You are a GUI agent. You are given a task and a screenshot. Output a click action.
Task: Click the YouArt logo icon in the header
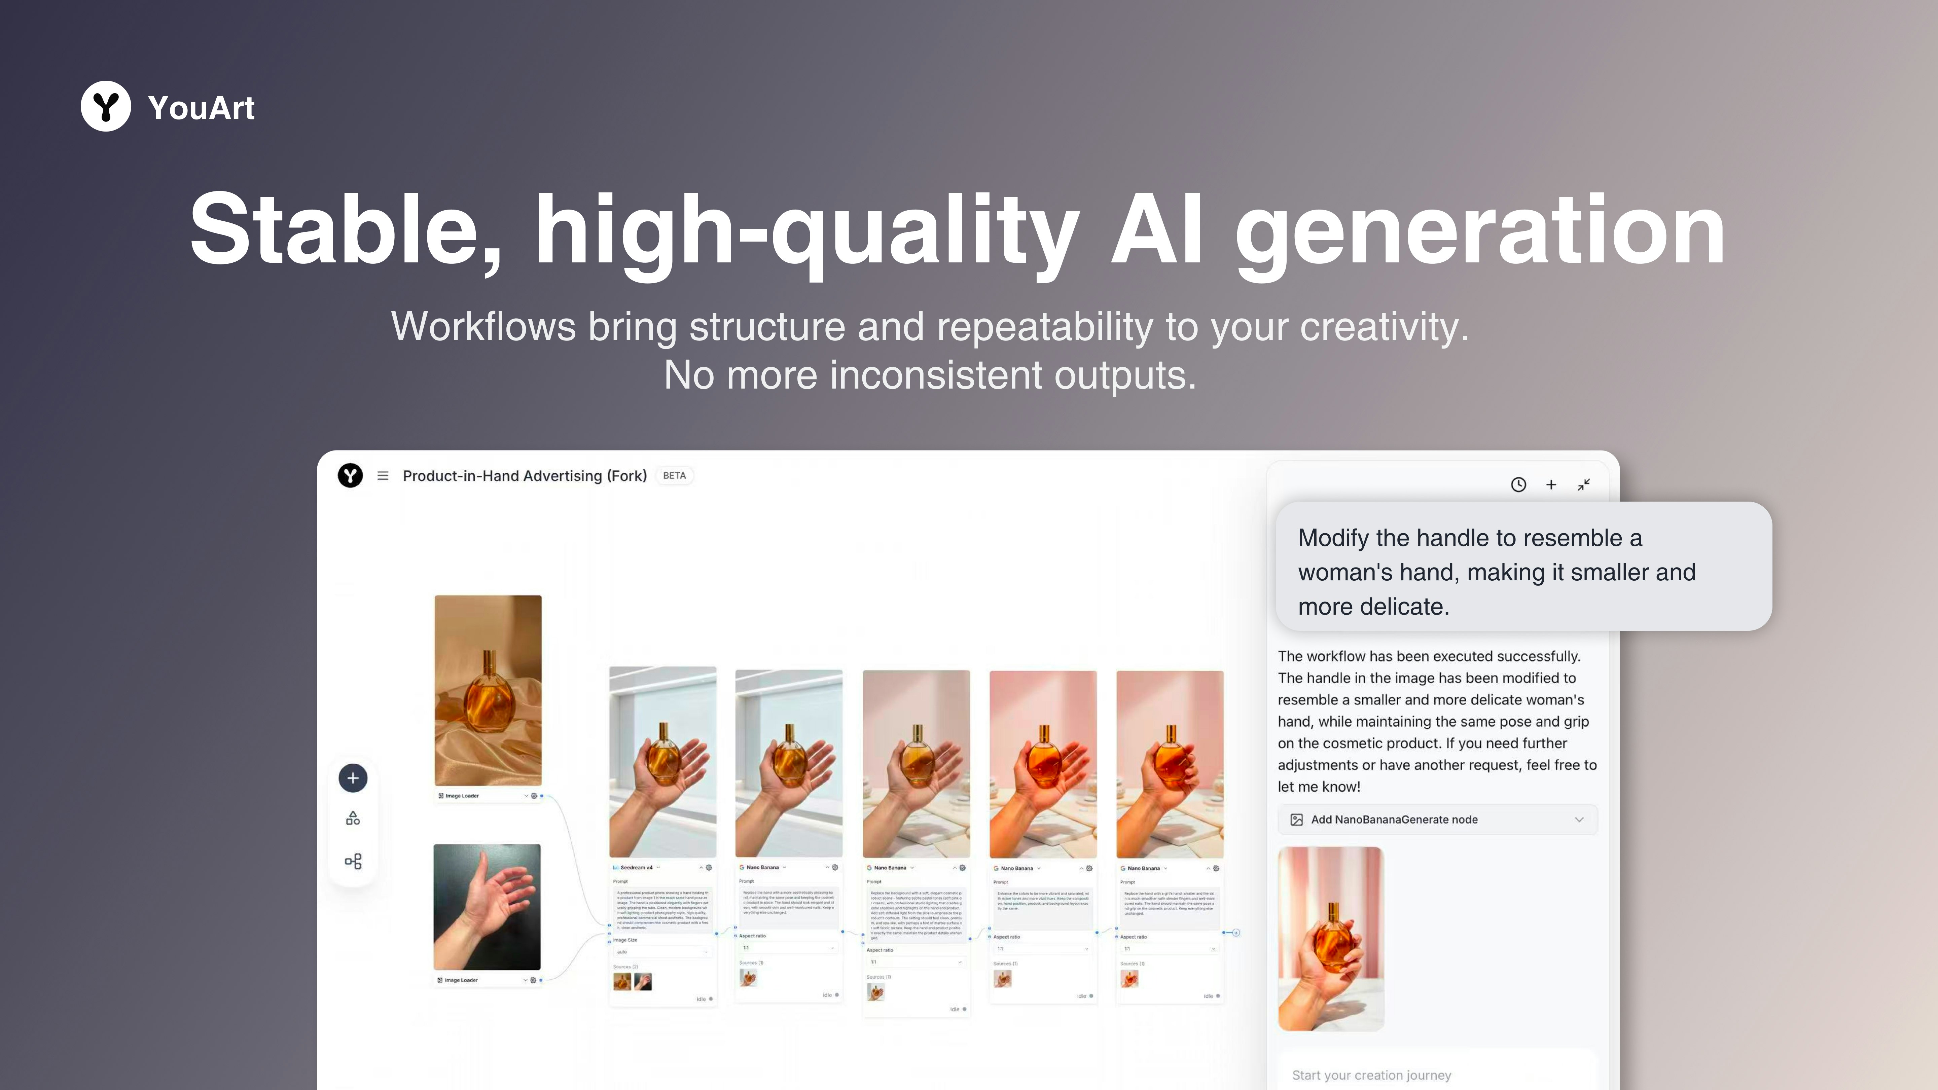pyautogui.click(x=105, y=106)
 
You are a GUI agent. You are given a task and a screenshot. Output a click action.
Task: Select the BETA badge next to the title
pyautogui.click(x=674, y=475)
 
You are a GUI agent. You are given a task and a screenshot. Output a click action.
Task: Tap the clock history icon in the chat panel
pyautogui.click(x=1518, y=484)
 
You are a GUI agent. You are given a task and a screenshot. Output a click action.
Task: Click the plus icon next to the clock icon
pyautogui.click(x=1550, y=484)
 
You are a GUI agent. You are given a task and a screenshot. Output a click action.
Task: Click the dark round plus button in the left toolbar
pyautogui.click(x=353, y=778)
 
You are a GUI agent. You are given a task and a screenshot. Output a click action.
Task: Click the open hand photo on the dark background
pyautogui.click(x=487, y=906)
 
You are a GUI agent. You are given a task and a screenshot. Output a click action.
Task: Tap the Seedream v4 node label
pyautogui.click(x=637, y=867)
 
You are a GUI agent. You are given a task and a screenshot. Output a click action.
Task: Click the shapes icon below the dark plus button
pyautogui.click(x=353, y=819)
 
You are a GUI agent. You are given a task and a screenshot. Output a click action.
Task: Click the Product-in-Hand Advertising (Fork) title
pyautogui.click(x=525, y=475)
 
